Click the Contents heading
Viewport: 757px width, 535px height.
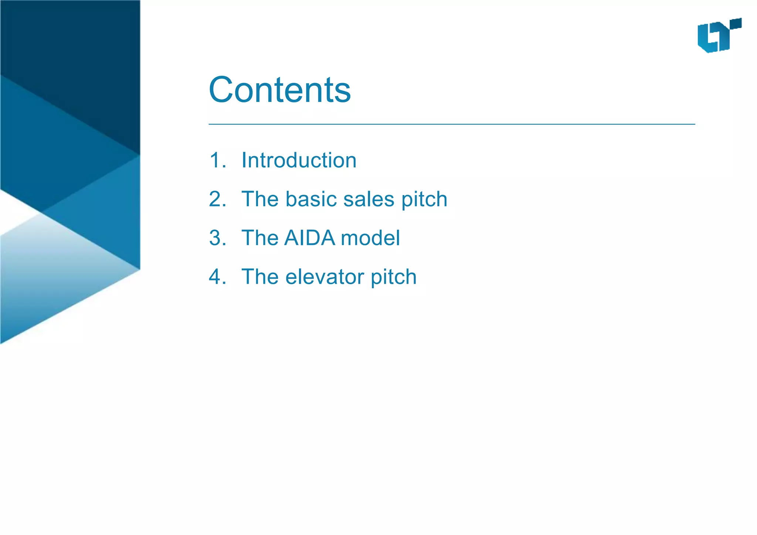coord(280,90)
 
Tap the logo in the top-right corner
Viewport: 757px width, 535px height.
coord(719,36)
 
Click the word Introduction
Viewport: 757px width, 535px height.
coord(299,160)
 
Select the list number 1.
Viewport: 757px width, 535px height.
coord(217,160)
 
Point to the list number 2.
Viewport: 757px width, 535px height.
coord(217,199)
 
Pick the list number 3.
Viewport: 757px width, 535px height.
coord(217,238)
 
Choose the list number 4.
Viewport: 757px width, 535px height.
coord(217,276)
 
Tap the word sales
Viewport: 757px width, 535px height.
coord(369,199)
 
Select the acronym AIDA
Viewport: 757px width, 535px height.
coord(309,238)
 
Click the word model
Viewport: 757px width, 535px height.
coord(370,238)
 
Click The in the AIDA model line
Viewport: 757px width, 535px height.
coord(259,238)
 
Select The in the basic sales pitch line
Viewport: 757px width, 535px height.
coord(259,199)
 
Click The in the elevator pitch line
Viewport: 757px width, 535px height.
coord(259,276)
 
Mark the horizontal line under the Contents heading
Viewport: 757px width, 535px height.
coord(452,124)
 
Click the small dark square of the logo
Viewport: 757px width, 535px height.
coord(736,23)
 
